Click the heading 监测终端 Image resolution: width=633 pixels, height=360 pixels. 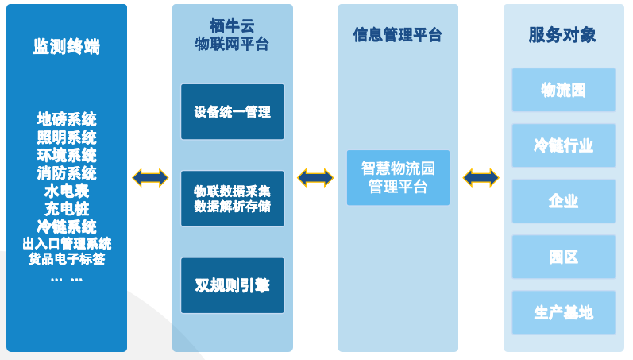(x=67, y=47)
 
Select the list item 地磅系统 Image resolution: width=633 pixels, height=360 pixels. (x=67, y=119)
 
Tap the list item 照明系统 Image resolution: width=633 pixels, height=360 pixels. (x=67, y=137)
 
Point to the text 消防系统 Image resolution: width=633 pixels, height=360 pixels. (x=67, y=173)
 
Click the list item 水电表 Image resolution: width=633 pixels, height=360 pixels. (x=67, y=192)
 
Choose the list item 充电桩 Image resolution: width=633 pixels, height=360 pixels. (x=67, y=209)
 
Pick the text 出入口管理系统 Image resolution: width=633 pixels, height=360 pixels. (x=67, y=243)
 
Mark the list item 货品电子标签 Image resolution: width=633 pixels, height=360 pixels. (x=67, y=259)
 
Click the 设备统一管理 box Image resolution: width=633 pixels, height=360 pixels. (x=232, y=112)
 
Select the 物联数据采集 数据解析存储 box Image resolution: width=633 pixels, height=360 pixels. (x=232, y=199)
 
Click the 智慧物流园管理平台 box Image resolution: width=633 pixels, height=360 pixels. (x=398, y=178)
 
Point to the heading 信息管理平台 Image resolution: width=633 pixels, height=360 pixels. (x=398, y=35)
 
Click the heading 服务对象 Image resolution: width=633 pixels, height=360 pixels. (x=562, y=35)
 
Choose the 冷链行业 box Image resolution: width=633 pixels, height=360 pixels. (x=563, y=145)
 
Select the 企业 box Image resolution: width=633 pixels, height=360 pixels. (x=563, y=201)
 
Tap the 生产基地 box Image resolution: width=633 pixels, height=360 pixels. (x=563, y=312)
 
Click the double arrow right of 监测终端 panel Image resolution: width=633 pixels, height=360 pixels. (x=150, y=178)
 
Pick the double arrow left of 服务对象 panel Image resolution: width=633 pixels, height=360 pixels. (x=481, y=178)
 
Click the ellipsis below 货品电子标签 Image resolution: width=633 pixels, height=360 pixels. (x=67, y=278)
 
